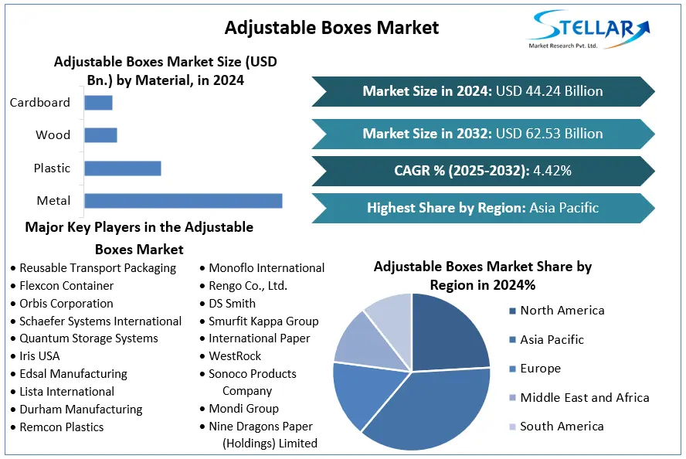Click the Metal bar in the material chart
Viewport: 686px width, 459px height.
point(183,201)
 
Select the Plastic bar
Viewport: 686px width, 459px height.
point(122,168)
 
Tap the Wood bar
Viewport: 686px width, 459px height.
point(100,135)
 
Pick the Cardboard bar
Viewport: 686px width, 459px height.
point(98,102)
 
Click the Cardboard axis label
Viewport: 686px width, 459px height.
point(40,102)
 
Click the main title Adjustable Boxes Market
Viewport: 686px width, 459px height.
point(331,28)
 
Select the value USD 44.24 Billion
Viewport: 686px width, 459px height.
point(549,91)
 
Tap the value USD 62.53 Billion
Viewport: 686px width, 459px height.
point(549,134)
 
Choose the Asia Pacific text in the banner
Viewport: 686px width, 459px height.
point(564,207)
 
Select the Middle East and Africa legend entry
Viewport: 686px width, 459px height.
point(584,397)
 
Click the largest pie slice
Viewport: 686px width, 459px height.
point(433,410)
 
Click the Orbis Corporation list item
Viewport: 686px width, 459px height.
point(66,304)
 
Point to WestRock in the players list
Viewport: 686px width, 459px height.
point(235,356)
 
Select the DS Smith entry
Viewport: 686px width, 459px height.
point(232,304)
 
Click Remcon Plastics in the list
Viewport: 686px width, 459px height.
point(62,427)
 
